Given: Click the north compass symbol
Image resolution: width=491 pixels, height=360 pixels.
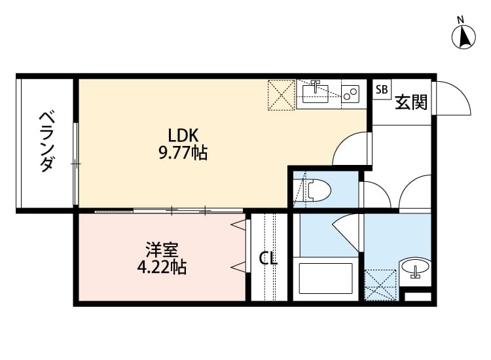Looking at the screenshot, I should (x=464, y=37).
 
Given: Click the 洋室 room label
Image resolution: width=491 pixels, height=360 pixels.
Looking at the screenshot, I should (x=161, y=249).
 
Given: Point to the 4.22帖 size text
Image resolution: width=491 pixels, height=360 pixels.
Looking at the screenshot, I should (x=161, y=268).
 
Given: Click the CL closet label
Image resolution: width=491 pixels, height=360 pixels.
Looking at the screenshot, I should (x=268, y=259).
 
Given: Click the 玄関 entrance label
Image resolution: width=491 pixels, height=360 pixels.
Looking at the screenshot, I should (x=411, y=102).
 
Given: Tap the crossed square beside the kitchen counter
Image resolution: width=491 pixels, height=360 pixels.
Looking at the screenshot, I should (x=282, y=94).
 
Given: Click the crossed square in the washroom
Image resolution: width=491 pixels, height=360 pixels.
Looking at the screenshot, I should (x=380, y=285).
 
